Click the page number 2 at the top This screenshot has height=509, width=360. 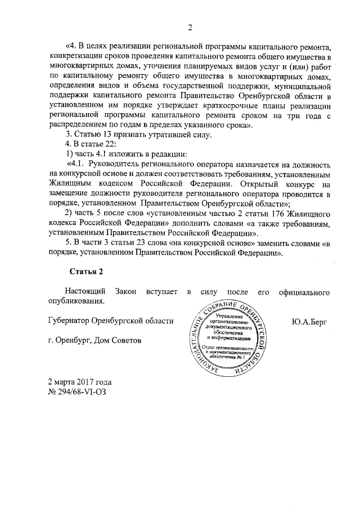(190, 28)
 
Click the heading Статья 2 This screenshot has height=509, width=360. (87, 271)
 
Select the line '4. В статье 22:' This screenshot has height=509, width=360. (87, 145)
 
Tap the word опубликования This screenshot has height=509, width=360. (78, 301)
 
